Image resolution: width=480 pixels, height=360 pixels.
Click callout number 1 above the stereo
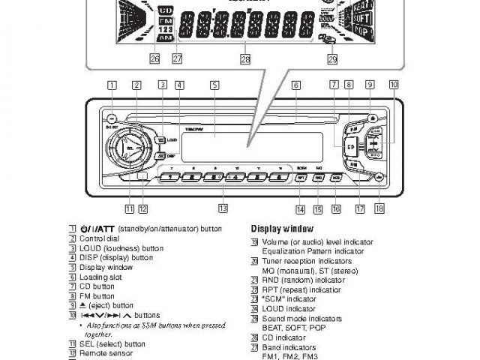tap(111, 85)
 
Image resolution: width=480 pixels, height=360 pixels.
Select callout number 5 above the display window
tap(214, 85)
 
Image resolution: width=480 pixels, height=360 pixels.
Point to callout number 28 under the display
tap(245, 58)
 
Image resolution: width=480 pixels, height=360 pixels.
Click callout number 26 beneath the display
tap(154, 58)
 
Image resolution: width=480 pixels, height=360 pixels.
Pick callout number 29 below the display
tap(332, 58)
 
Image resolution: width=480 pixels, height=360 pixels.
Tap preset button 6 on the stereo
tap(279, 178)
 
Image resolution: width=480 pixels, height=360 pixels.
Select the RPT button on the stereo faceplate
tap(300, 178)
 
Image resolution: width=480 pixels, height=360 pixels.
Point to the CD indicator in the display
tap(166, 10)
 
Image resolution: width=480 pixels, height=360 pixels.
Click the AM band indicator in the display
tap(166, 37)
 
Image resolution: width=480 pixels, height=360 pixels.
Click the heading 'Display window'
tap(282, 229)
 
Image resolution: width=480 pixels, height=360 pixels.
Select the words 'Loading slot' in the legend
tap(96, 277)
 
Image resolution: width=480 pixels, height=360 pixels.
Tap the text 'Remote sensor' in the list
tap(100, 352)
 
